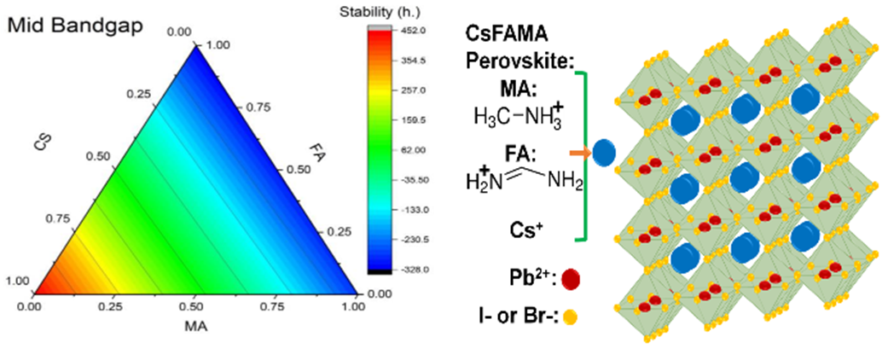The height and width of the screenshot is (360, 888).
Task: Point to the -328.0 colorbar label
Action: [x=403, y=270]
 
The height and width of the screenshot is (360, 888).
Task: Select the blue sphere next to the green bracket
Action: [x=604, y=154]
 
